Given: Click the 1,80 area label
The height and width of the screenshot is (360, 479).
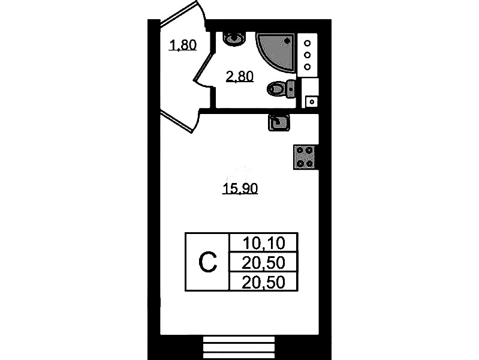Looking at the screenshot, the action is click(183, 45).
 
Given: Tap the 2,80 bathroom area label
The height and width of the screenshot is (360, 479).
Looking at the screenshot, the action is click(240, 76).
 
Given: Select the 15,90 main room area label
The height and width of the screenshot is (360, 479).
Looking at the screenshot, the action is click(240, 189).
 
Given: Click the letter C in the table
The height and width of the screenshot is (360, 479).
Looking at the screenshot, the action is click(208, 262).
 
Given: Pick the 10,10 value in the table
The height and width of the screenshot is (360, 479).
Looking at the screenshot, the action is click(264, 244).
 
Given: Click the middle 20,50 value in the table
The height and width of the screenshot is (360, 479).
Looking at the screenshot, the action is click(263, 263).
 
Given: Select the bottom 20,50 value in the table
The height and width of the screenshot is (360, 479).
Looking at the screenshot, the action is click(263, 282).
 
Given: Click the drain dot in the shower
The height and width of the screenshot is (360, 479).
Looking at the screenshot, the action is click(287, 40).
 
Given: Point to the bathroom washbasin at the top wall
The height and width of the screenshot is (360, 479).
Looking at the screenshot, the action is click(234, 39).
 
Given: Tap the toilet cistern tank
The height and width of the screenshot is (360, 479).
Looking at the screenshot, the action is click(291, 89).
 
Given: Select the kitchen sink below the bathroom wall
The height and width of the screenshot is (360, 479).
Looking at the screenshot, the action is click(279, 122).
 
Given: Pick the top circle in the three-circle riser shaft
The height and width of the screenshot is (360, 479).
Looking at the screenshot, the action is click(308, 43).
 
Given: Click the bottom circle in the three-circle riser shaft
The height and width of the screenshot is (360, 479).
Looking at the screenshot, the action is click(308, 67).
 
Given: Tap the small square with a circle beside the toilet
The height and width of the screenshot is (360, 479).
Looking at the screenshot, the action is click(312, 102).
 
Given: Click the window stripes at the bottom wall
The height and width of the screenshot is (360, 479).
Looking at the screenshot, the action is click(239, 348).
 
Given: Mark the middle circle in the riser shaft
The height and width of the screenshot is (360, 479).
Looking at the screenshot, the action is click(308, 55).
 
